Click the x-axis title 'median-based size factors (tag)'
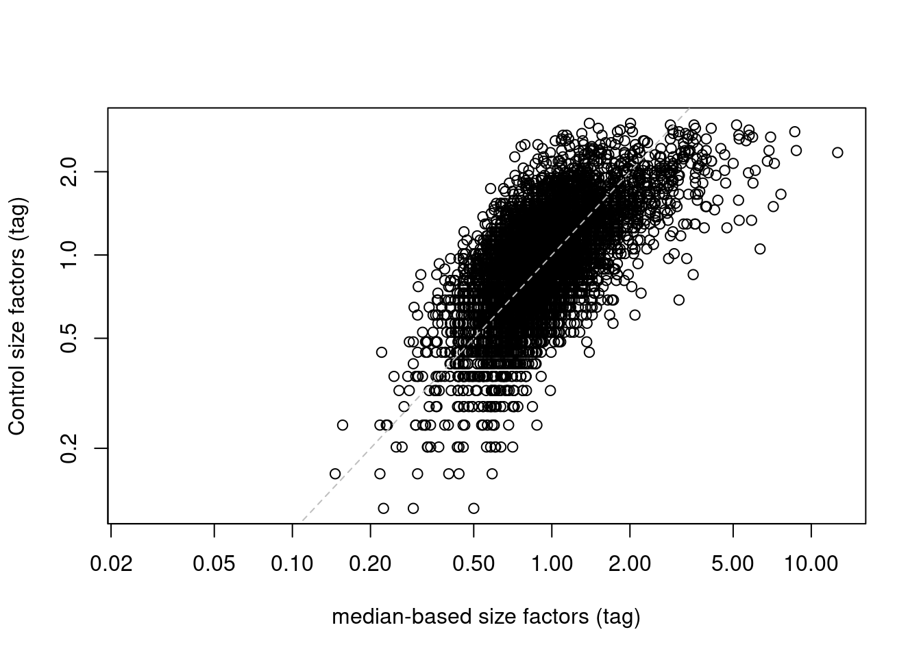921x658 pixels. (x=486, y=617)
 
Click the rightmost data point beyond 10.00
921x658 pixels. (x=837, y=152)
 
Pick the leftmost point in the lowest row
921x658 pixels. (x=383, y=508)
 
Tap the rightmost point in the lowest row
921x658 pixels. (x=474, y=508)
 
